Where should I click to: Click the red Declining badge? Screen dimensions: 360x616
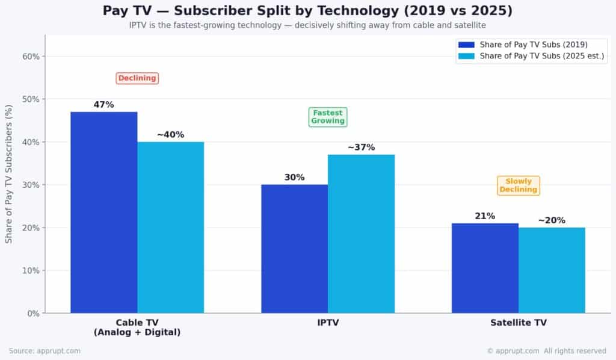(x=137, y=78)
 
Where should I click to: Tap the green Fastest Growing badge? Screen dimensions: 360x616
(x=328, y=117)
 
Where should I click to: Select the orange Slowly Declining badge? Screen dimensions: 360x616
(x=519, y=185)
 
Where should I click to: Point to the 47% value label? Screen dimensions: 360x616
(x=103, y=105)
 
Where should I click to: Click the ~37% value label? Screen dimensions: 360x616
(x=361, y=147)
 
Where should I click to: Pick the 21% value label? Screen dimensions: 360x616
(x=485, y=216)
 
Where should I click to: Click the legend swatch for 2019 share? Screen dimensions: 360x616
(x=466, y=45)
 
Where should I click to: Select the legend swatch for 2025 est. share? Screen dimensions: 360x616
(x=466, y=57)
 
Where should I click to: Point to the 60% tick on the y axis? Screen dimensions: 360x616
(x=31, y=57)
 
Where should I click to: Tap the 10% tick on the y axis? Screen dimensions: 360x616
(x=31, y=270)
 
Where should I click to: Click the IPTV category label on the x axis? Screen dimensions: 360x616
(x=328, y=323)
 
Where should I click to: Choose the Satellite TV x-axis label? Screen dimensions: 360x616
(x=519, y=323)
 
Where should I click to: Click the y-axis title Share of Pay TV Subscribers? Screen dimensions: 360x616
(x=9, y=174)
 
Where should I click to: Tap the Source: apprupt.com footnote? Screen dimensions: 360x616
(x=45, y=351)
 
